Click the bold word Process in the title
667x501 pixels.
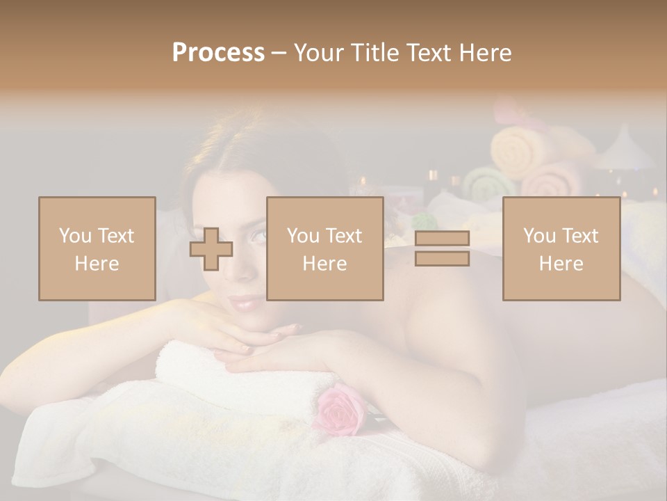coord(218,53)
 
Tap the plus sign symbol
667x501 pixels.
coord(211,248)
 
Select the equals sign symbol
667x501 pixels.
coord(442,248)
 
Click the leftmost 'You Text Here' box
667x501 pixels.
coord(97,248)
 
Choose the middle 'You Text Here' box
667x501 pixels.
coord(324,248)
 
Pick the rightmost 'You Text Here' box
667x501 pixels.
coord(561,248)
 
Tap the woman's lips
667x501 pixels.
coord(248,303)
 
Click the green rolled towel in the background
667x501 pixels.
coord(489,184)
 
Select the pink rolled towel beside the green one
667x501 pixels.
coord(552,181)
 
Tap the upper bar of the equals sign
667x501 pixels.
coord(442,238)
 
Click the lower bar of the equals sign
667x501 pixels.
coord(442,258)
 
